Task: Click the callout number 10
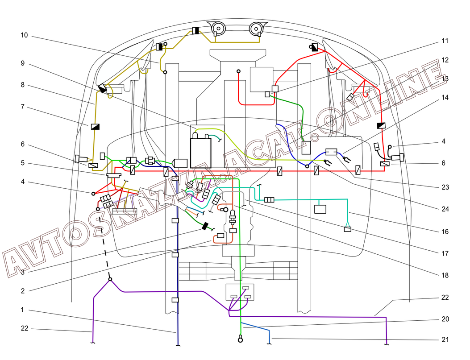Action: [x=25, y=35]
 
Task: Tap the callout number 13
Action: [x=445, y=79]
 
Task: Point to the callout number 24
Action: [x=445, y=209]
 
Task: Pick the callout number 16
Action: [x=445, y=232]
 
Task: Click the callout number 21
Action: [x=445, y=340]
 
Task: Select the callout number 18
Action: [x=445, y=275]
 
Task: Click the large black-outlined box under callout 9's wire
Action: [x=201, y=152]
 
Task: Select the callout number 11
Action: [x=445, y=41]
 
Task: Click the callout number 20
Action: [x=445, y=319]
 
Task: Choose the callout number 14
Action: [x=445, y=97]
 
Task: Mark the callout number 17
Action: [x=445, y=253]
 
